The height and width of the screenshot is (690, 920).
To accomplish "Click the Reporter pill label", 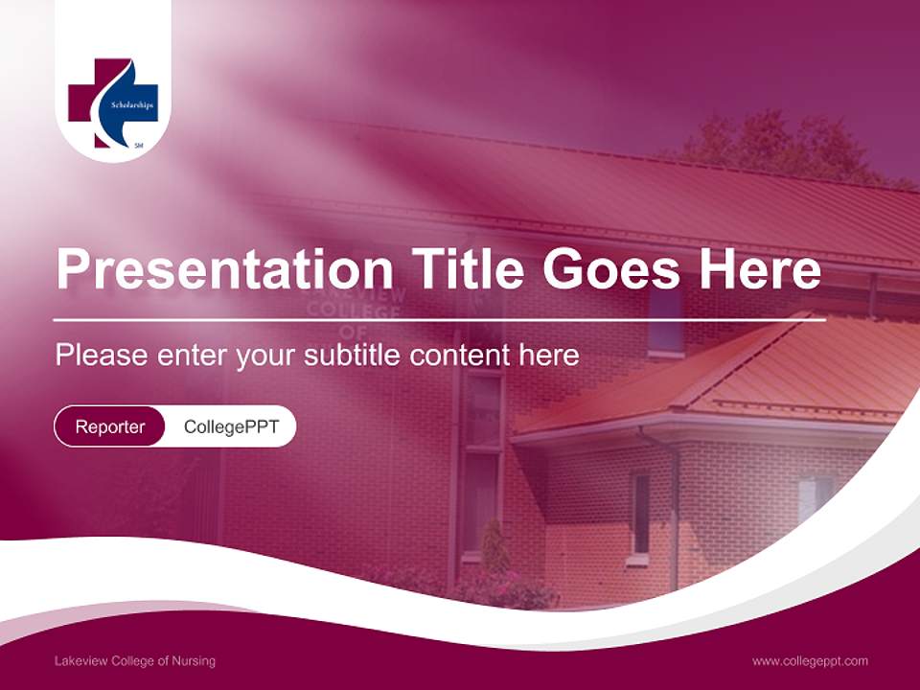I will (x=109, y=426).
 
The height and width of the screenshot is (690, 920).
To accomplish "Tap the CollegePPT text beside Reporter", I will (x=231, y=426).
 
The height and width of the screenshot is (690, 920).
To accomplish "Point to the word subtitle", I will (x=354, y=356).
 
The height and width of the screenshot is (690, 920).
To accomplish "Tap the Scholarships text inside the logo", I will (x=132, y=104).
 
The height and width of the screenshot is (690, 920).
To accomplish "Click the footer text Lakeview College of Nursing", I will (x=135, y=660).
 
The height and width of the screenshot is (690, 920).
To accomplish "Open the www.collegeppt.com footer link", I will (x=810, y=660).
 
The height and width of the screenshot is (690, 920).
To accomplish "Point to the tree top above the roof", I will (x=776, y=139).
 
